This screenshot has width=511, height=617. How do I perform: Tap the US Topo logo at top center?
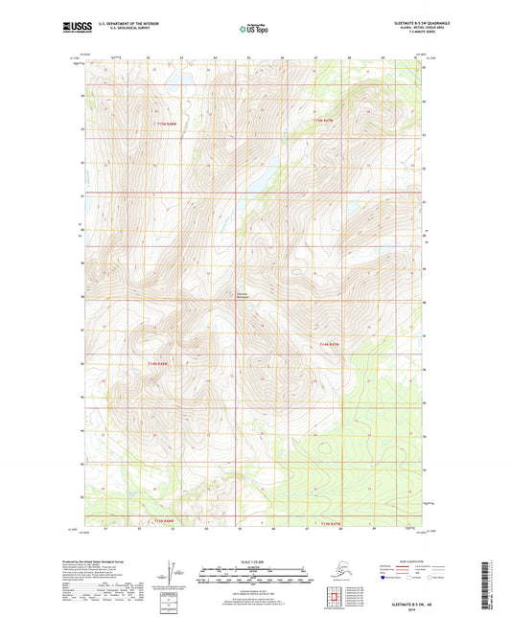[x=254, y=31]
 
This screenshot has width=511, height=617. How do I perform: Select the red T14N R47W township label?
[x=328, y=343]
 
